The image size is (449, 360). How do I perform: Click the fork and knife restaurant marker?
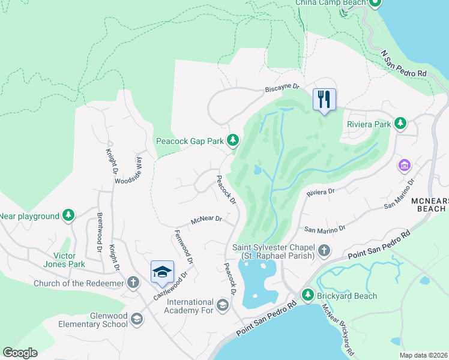click(x=324, y=100)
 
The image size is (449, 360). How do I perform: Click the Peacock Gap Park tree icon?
click(x=233, y=142)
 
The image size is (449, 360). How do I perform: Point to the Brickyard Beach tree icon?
click(x=308, y=295)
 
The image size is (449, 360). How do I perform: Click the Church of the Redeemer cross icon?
click(x=133, y=283)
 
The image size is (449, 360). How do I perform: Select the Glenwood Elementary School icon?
click(x=137, y=319)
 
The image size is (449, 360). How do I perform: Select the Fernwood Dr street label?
click(x=184, y=247)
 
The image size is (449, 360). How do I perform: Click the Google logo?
click(x=20, y=353)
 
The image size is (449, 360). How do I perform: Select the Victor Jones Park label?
click(x=64, y=259)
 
